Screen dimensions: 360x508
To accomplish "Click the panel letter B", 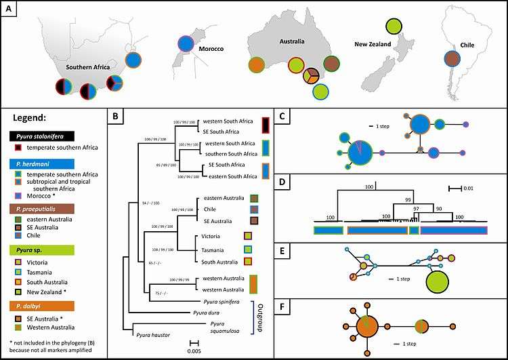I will [x=116, y=116].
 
